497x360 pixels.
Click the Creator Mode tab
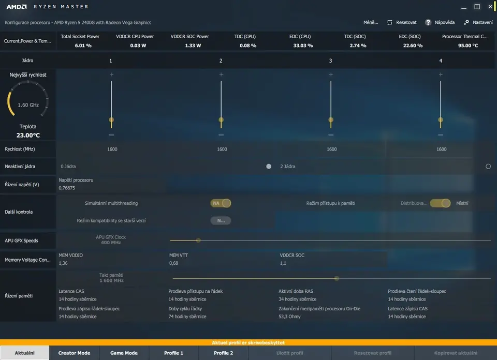[x=74, y=353]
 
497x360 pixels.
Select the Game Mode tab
[x=124, y=353]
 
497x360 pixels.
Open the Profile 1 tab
[x=173, y=353]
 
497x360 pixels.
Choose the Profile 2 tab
[x=223, y=353]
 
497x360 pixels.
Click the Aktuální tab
[x=24, y=353]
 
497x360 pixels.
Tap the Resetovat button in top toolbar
[x=402, y=23]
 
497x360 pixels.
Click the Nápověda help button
[x=440, y=23]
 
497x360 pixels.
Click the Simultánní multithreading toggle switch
[x=221, y=203]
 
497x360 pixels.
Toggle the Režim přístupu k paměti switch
[x=440, y=203]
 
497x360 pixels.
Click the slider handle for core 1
[x=111, y=120]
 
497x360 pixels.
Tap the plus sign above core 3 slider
[x=331, y=74]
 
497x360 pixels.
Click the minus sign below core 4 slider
[x=441, y=135]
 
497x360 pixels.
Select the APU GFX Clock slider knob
[x=198, y=240]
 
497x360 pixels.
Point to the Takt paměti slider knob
[x=337, y=278]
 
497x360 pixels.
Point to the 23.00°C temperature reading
[x=28, y=136]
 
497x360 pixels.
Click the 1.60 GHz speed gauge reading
[x=28, y=105]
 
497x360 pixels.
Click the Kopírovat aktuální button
[x=456, y=353]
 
